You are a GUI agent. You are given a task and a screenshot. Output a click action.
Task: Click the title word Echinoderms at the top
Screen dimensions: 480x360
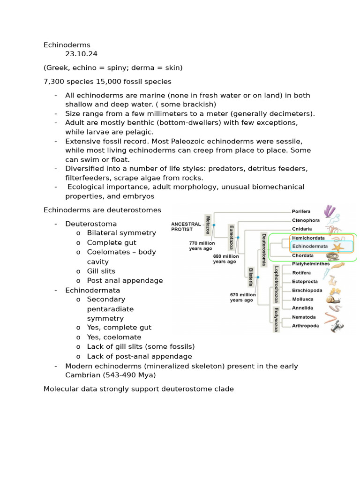[x=67, y=45]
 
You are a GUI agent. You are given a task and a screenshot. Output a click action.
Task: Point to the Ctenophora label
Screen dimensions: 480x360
[x=306, y=220]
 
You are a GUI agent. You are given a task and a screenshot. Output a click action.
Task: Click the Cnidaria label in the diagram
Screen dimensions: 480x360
[x=302, y=229]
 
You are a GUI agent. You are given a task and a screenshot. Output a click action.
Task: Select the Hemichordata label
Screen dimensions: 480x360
[x=308, y=238]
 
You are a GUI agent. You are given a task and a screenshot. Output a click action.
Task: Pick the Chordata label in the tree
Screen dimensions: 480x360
[x=303, y=255]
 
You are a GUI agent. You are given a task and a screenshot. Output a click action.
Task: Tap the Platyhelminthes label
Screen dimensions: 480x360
[x=311, y=264]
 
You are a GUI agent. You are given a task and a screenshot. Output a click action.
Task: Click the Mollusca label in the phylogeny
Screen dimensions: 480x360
[x=303, y=299]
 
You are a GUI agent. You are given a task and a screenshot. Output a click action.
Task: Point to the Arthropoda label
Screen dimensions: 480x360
[x=305, y=326]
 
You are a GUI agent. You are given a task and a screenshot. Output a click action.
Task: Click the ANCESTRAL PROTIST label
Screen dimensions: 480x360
[x=186, y=226]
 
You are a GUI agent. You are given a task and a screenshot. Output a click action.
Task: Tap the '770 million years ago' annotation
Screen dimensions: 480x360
[x=202, y=246]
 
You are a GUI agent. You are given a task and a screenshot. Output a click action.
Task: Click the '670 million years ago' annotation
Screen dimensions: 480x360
[x=242, y=297]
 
